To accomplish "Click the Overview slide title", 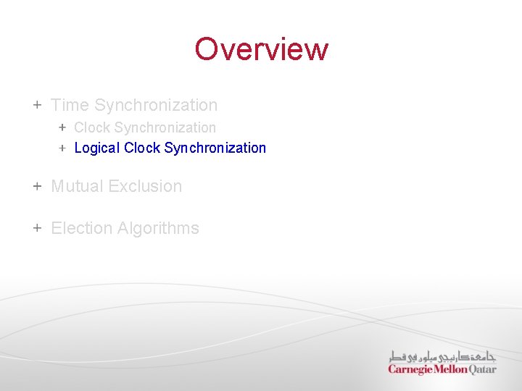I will click(261, 49).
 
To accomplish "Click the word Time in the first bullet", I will click(70, 105).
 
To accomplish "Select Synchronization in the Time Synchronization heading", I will click(156, 105).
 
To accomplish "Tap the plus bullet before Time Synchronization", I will click(37, 105).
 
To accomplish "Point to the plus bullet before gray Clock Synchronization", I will click(62, 127).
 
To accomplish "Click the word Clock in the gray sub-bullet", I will click(92, 127).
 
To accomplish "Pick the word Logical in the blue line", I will click(97, 148).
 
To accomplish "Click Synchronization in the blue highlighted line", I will click(215, 148).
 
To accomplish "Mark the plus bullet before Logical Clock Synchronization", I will click(62, 148).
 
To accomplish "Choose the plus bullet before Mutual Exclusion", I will click(37, 186).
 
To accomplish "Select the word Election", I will click(81, 228).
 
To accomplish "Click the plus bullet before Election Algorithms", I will click(37, 228).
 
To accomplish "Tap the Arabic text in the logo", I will click(442, 356).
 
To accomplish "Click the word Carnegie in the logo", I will click(410, 369).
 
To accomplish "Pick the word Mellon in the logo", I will click(451, 369).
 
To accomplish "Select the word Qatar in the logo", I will click(483, 369).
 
